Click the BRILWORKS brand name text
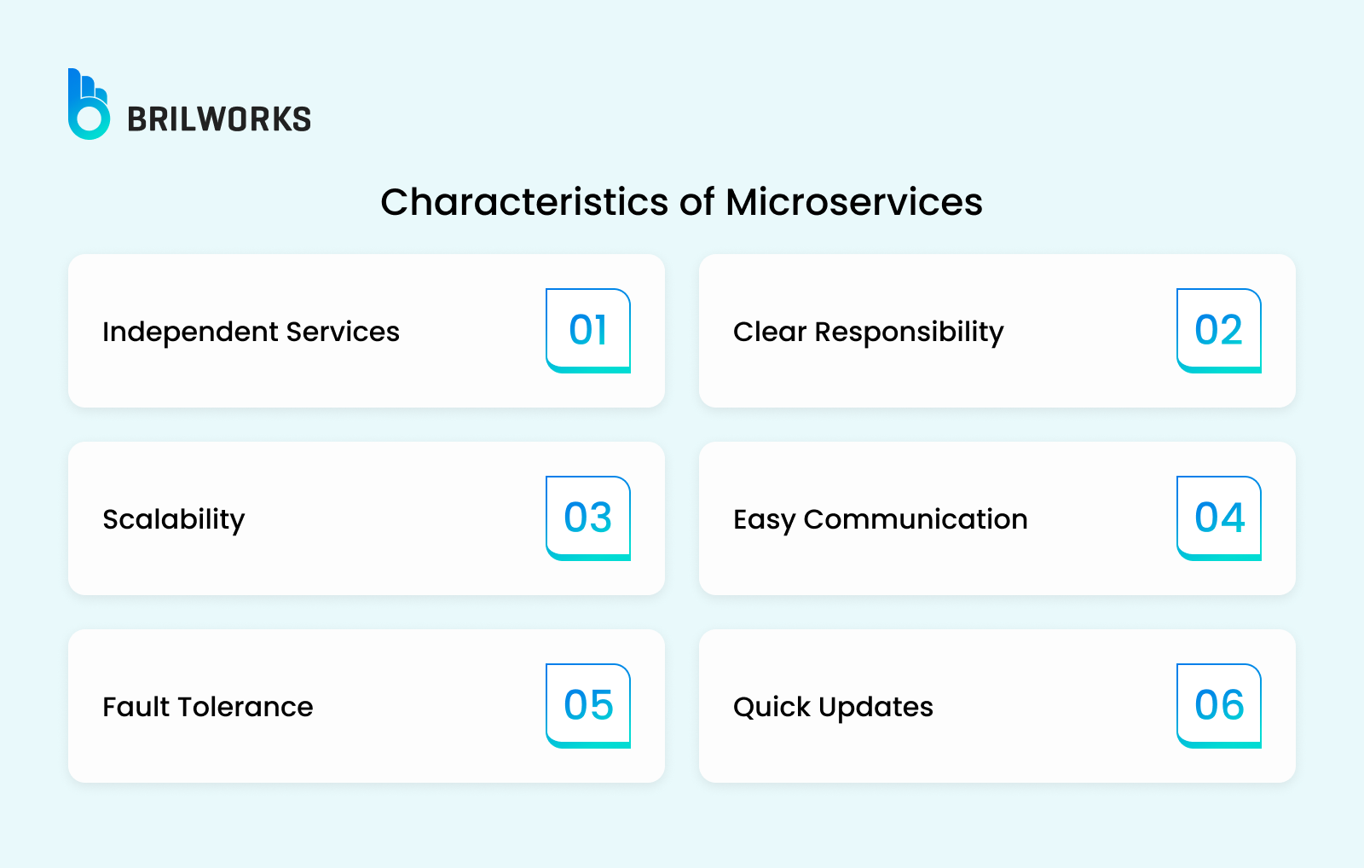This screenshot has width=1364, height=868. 219,119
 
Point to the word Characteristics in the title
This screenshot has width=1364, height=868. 524,201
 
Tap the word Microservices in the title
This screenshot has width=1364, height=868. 853,201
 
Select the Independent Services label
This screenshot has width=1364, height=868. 251,332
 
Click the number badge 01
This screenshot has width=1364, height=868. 588,331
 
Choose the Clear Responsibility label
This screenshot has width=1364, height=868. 869,333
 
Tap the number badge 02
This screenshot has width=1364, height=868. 1219,331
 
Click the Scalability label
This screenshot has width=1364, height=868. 174,520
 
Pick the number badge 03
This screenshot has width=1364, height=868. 588,518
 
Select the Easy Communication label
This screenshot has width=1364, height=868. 881,520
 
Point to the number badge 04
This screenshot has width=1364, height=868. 1219,518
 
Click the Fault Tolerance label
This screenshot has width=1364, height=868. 208,707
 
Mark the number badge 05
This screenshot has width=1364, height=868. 588,706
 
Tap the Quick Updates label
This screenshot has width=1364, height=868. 833,708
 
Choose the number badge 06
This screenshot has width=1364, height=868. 1219,706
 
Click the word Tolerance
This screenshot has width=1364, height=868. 246,707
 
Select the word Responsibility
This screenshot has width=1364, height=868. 909,333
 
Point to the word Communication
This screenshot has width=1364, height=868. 916,519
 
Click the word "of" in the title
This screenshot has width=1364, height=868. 696,201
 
